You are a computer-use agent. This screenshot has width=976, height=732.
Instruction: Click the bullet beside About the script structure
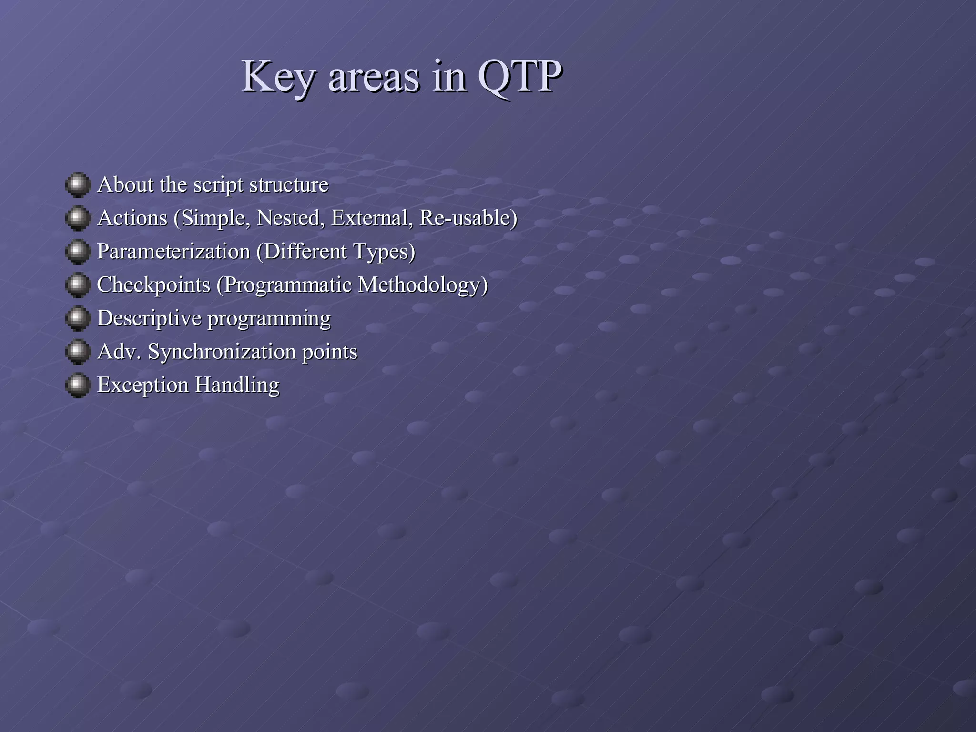click(78, 185)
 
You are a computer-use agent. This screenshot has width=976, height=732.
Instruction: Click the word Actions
click(132, 218)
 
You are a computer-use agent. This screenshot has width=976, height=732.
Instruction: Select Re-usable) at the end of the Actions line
click(468, 218)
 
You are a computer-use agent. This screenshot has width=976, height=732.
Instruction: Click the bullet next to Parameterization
click(78, 252)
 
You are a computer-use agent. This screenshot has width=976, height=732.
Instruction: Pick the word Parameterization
click(173, 252)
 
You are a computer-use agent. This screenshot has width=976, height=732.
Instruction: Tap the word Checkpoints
click(153, 285)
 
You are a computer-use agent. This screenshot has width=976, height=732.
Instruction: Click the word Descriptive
click(149, 318)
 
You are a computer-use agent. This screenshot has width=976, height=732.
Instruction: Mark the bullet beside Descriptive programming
click(78, 318)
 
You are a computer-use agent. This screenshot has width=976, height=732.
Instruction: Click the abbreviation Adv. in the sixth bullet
click(119, 352)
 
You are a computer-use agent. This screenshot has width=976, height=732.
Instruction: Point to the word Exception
click(143, 385)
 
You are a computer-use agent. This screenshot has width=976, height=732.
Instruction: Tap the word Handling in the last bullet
click(237, 385)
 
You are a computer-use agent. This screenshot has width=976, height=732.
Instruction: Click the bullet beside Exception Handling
click(78, 385)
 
